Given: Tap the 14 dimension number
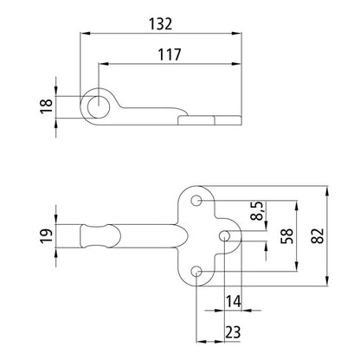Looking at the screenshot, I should click(233, 301).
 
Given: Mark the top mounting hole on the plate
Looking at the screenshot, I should click(197, 202).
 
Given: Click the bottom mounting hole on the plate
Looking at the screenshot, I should click(197, 273).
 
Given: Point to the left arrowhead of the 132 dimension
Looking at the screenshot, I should click(84, 33).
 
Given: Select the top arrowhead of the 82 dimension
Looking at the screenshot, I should click(328, 190).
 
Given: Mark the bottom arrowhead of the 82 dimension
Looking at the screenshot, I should click(328, 284).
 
